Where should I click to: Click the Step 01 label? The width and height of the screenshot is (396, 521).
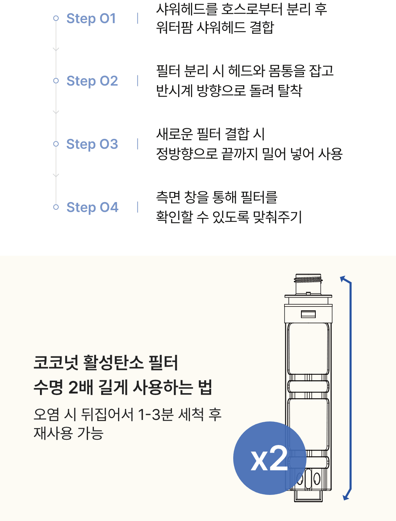coord(91,18)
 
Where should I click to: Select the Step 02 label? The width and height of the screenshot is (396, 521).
coord(92,81)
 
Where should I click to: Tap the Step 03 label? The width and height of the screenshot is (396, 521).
coord(92,144)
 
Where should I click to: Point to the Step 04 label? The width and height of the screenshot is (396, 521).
coord(92,207)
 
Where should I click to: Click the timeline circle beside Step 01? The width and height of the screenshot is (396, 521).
coord(56,18)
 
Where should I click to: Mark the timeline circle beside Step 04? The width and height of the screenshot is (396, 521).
coord(56,207)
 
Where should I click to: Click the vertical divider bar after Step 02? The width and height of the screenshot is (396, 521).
coord(137,81)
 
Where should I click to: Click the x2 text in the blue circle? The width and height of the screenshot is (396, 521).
coord(269,458)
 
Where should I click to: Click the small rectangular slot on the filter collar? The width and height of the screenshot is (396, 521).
coord(308,315)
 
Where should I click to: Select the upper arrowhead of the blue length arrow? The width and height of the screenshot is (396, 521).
coord(343,279)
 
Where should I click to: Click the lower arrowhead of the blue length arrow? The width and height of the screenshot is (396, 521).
coord(346,497)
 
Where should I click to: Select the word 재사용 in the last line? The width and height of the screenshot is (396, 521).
coord(53,433)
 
